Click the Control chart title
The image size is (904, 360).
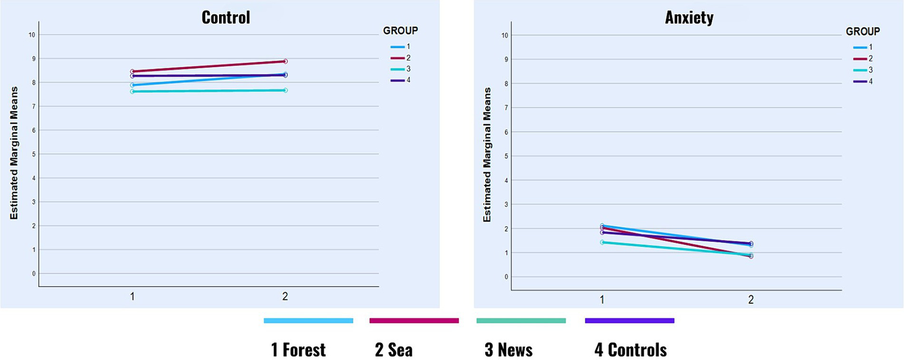tap(226, 17)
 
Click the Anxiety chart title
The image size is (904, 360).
tap(689, 18)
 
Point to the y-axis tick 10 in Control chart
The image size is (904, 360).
tap(32, 35)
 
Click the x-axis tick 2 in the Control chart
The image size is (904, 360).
tap(285, 297)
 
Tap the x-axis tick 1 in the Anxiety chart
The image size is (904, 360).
tap(602, 300)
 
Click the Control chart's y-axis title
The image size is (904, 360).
tap(14, 153)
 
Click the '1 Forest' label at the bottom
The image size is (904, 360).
tap(298, 350)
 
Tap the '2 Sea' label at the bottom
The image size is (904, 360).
tap(393, 350)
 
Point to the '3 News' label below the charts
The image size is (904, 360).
tap(508, 350)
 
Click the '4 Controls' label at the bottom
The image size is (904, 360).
tap(631, 350)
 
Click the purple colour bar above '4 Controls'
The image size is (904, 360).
tap(629, 321)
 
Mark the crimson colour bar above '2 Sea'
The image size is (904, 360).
tap(413, 321)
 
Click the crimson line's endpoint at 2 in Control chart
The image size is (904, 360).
tap(285, 61)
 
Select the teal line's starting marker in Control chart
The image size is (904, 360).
tap(133, 91)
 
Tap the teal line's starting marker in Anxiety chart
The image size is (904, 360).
tap(602, 242)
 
